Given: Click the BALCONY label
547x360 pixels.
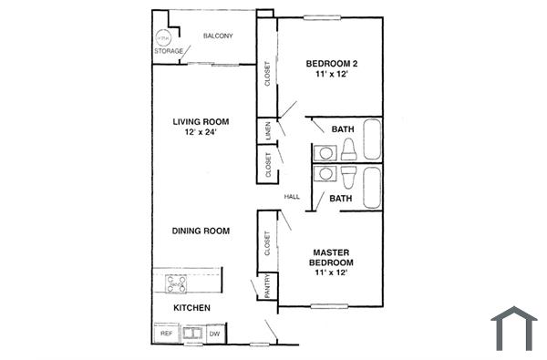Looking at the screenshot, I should (x=219, y=36).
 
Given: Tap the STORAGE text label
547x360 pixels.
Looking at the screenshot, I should (x=168, y=52).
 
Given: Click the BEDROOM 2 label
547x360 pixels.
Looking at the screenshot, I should (x=331, y=64).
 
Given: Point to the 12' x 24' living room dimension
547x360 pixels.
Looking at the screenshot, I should (x=201, y=132).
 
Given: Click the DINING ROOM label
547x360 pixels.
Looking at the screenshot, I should (x=201, y=231).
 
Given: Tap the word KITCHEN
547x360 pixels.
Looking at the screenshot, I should (x=192, y=308).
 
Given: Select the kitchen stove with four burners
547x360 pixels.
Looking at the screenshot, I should (x=176, y=284).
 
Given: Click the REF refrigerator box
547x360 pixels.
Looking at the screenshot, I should (x=167, y=334).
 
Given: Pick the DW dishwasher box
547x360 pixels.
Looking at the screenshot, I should (x=214, y=334).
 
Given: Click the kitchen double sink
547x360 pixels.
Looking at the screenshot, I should (x=191, y=334).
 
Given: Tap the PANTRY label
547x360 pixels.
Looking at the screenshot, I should (x=267, y=286).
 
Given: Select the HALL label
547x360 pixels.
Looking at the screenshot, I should (x=292, y=196).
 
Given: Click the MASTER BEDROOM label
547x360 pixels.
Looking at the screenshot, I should (x=333, y=262).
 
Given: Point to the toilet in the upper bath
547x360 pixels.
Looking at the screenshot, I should (x=348, y=152).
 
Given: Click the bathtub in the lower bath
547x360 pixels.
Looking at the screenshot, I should (x=374, y=187).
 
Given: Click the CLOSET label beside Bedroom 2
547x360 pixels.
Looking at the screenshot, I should (x=267, y=73).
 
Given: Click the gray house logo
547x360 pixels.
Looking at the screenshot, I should (x=514, y=328).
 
